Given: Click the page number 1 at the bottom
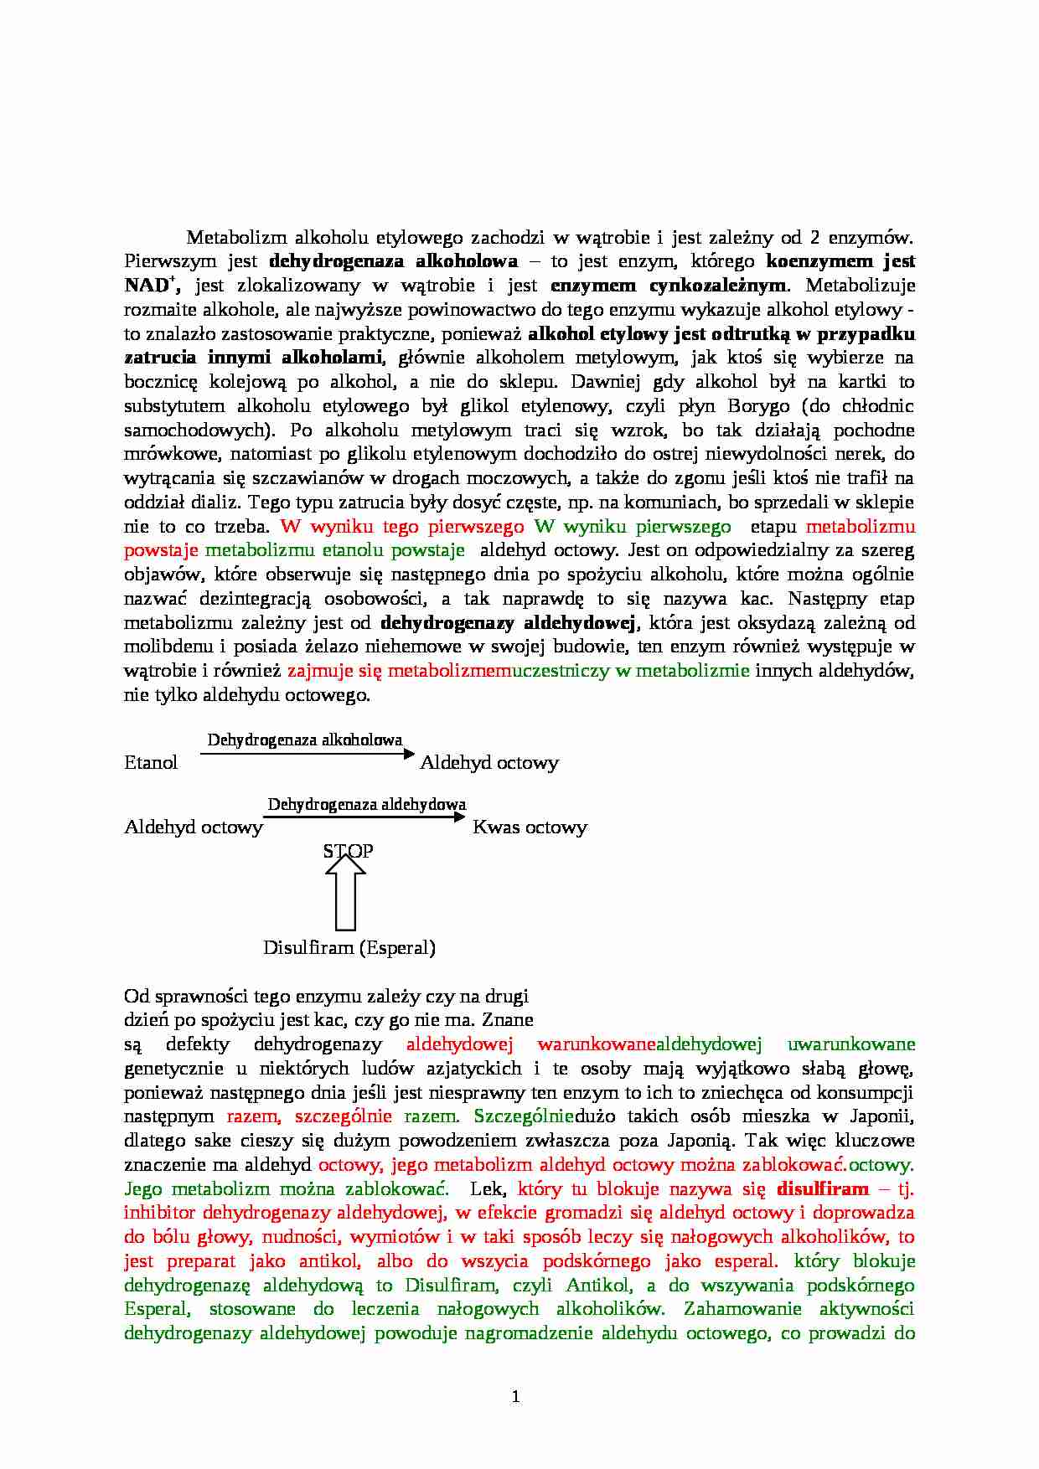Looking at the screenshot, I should pyautogui.click(x=515, y=1396).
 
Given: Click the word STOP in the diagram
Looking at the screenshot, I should pyautogui.click(x=348, y=851).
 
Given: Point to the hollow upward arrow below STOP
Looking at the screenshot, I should pyautogui.click(x=345, y=894).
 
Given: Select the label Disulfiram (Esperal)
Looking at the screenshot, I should pyautogui.click(x=349, y=947).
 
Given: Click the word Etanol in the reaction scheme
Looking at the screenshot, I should pyautogui.click(x=151, y=762).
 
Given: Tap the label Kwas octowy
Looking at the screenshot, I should pyautogui.click(x=530, y=827).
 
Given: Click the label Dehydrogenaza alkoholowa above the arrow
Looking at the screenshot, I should pyautogui.click(x=304, y=740).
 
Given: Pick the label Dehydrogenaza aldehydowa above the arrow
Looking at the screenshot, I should pyautogui.click(x=366, y=804).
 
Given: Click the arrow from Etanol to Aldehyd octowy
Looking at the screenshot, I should pyautogui.click(x=307, y=755).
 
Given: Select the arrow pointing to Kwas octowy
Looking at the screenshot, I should pyautogui.click(x=364, y=817).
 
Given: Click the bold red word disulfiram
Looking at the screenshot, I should pyautogui.click(x=822, y=1188).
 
